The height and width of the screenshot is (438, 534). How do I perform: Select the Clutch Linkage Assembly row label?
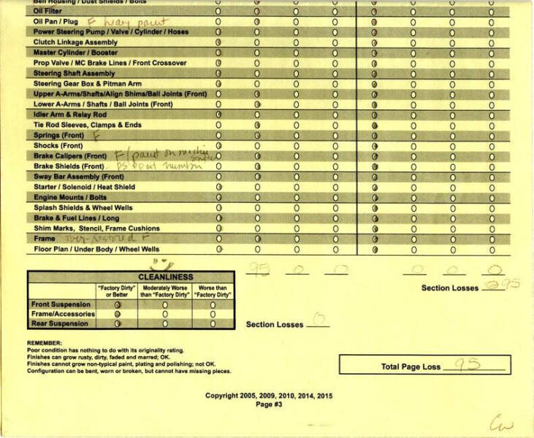(75, 42)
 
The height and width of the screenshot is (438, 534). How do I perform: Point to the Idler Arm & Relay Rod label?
(70, 115)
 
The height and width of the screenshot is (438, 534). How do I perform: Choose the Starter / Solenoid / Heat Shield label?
(84, 187)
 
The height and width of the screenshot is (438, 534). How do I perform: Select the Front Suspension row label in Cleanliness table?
(61, 304)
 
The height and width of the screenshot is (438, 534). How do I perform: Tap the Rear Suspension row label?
(59, 323)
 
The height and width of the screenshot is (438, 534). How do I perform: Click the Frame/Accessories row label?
(62, 313)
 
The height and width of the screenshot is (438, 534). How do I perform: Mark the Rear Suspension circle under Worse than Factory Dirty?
(213, 323)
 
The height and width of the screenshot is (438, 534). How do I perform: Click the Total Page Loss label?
(411, 366)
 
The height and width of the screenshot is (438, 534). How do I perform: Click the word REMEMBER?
(45, 342)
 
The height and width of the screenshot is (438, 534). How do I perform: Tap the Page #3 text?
(268, 404)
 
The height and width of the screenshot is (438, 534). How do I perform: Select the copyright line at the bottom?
(268, 396)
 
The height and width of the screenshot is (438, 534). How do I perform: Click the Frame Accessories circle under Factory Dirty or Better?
(117, 313)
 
